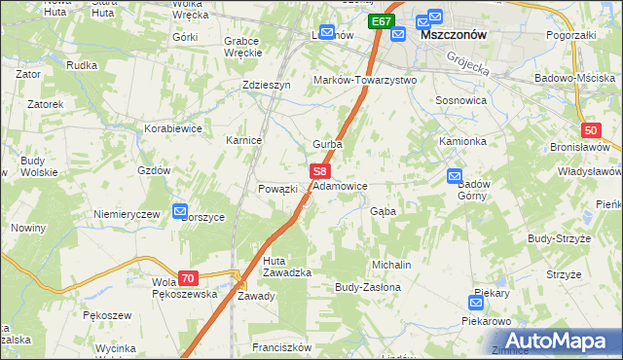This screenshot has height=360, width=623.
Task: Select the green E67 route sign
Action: tap(382, 21)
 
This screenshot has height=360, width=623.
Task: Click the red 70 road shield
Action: tap(189, 278)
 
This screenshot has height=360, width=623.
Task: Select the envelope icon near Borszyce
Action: tap(180, 210)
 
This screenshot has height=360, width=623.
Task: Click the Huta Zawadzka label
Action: tap(287, 267)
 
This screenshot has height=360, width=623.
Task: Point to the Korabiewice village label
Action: tap(173, 127)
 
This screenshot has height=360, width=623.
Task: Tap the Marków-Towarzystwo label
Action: tap(364, 80)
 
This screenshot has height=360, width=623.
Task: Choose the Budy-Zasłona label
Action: tap(368, 288)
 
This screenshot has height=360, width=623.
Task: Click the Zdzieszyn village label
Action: tap(267, 85)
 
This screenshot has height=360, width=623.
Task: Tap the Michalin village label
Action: tap(391, 265)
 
